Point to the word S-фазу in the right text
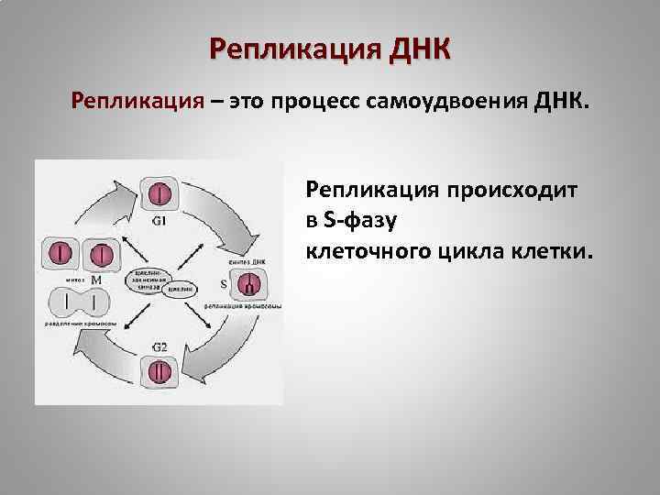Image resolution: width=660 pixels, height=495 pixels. [x=356, y=221]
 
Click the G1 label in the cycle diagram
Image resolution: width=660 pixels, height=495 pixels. [x=159, y=220]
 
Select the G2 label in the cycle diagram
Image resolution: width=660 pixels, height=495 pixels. [x=159, y=346]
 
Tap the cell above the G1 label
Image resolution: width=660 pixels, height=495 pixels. [x=159, y=194]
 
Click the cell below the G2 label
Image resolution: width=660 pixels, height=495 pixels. [x=159, y=372]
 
